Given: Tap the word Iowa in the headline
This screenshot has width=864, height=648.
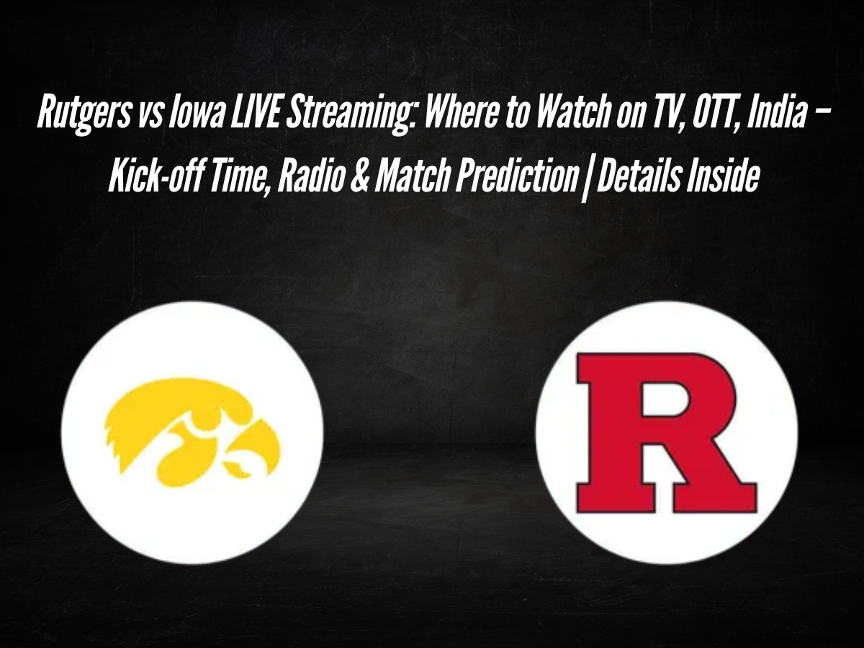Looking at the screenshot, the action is (195, 114).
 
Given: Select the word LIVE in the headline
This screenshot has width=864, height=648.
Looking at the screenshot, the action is (253, 114).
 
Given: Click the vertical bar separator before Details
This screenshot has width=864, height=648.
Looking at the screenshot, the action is (588, 178).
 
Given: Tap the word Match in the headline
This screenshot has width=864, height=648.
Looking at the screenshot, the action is (413, 176).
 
